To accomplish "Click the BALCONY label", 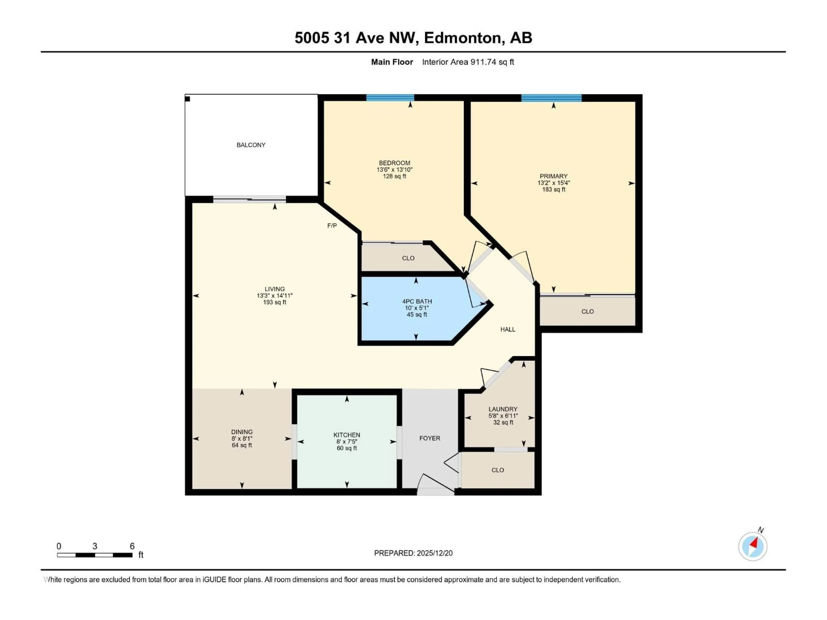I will (251, 145).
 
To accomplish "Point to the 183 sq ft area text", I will (554, 189).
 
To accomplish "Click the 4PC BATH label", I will (417, 301).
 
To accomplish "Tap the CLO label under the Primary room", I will (587, 311).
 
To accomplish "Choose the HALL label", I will (508, 329).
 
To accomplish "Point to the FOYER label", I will (430, 438).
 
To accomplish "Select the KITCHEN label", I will (347, 435).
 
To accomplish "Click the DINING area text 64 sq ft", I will (242, 445).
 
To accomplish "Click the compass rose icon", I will (753, 546).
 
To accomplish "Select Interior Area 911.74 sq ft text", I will (468, 62).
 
